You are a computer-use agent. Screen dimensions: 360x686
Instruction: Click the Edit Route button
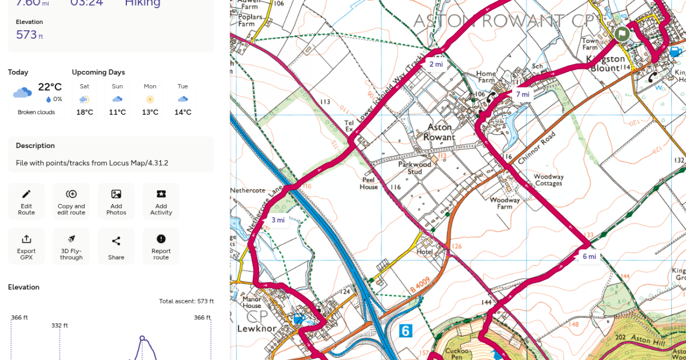pos(26,201)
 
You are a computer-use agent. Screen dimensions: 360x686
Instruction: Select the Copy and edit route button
pos(71,201)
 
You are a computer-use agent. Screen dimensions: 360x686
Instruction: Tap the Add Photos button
pos(116,201)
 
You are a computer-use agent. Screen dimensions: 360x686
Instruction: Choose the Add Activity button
pos(161,201)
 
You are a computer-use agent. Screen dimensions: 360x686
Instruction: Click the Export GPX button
pos(26,246)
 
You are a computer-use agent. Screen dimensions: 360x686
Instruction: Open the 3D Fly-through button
pos(71,246)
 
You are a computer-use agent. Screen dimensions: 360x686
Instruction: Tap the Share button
pos(116,246)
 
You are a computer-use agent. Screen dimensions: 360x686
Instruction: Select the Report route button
pos(161,246)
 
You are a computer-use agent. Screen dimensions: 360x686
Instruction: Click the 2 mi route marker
pos(436,64)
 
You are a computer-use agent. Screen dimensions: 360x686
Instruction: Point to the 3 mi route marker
pos(278,220)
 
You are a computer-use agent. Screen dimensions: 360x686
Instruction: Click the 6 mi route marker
pos(589,257)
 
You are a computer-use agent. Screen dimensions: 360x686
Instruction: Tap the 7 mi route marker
pos(523,94)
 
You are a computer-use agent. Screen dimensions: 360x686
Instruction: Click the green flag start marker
pos(622,33)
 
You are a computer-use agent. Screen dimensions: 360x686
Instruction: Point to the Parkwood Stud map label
pos(414,168)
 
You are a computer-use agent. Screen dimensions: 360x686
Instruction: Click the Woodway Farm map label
pos(505,203)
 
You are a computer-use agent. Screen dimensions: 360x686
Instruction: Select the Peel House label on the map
pos(369,183)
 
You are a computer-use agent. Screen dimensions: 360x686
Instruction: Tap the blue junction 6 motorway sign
pos(405,330)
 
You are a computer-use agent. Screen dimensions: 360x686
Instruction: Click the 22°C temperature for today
pos(50,87)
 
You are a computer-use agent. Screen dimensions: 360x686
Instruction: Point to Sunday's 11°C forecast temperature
pos(117,112)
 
